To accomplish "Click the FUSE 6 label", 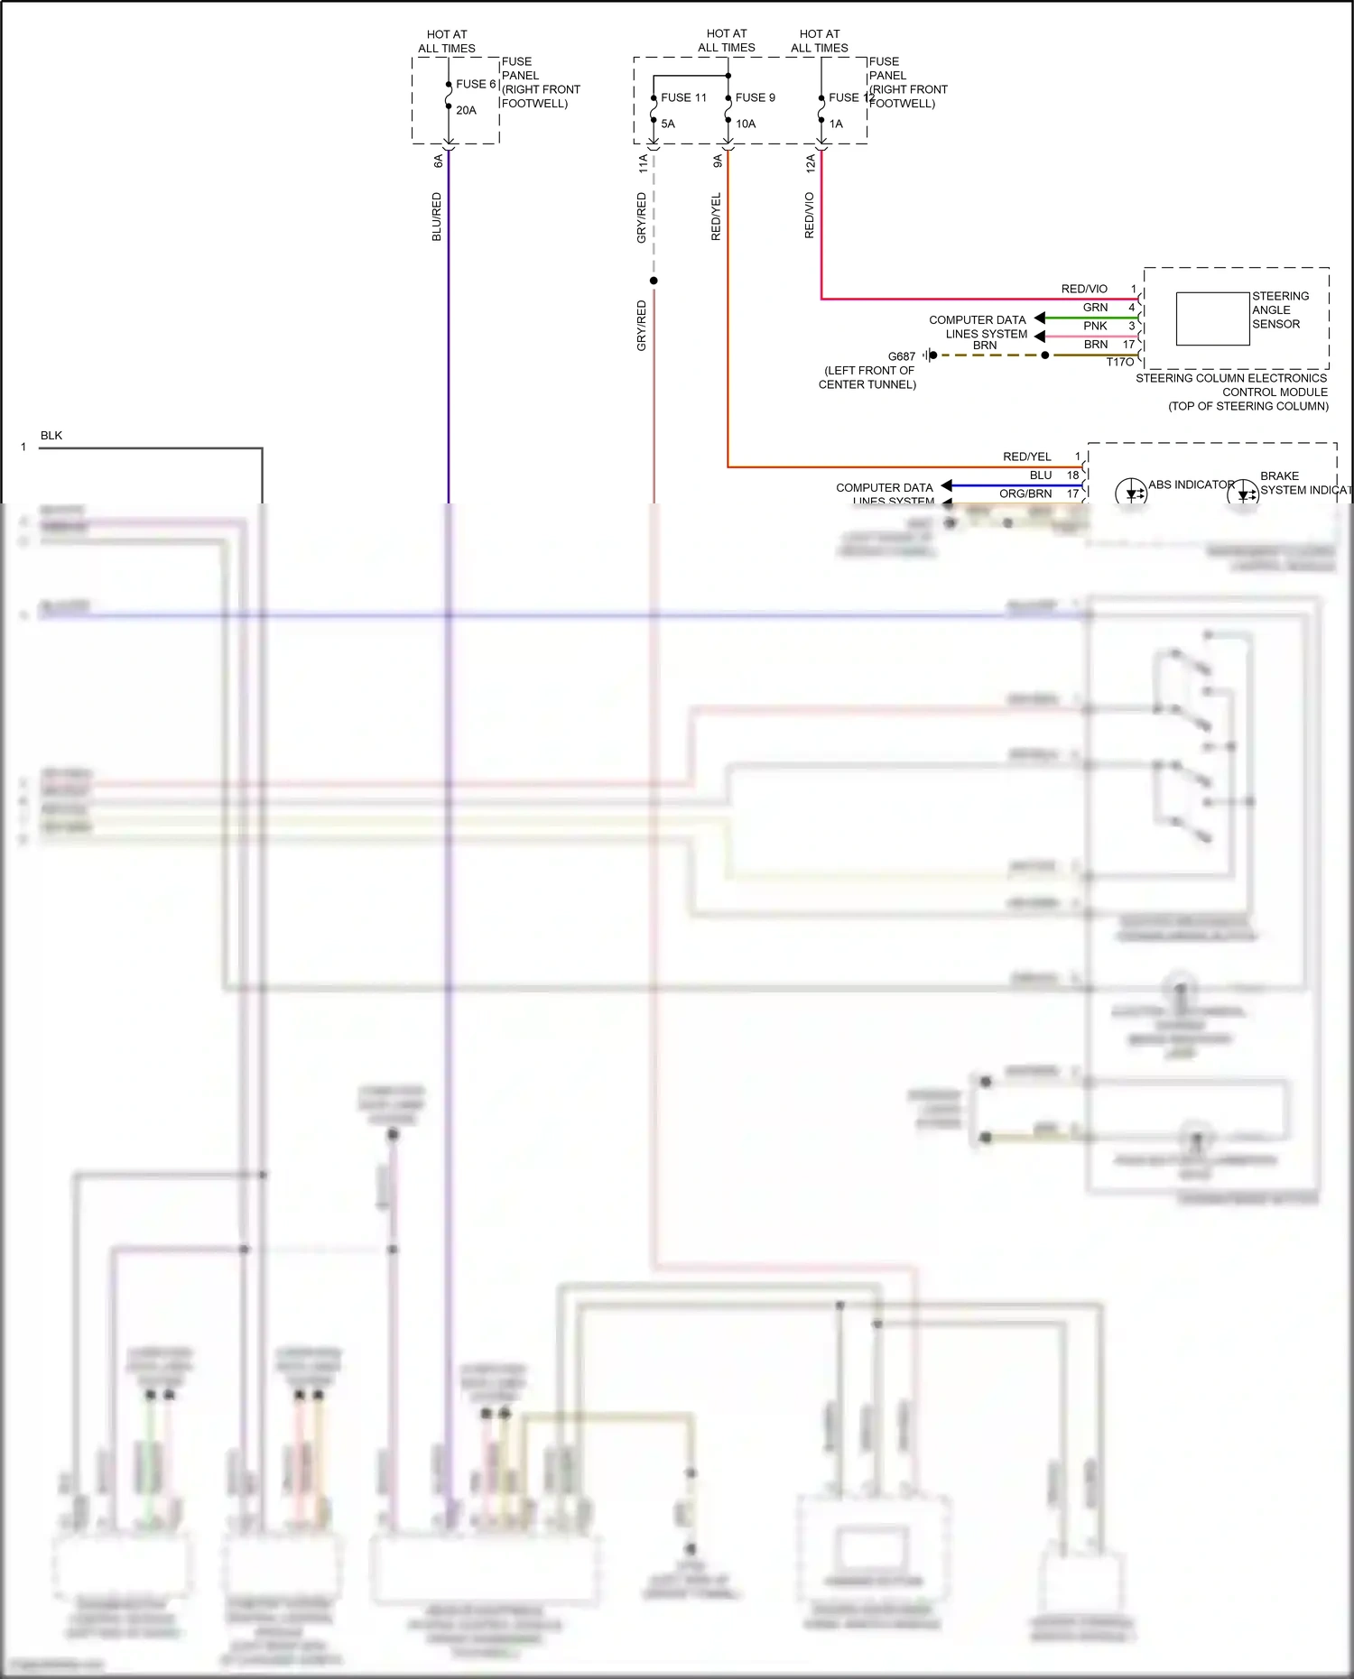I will pos(476,84).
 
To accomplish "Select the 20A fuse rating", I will pos(466,110).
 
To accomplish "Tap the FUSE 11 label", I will pos(683,97).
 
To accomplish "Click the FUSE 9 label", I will pos(755,97).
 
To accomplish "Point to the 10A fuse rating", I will pos(746,124).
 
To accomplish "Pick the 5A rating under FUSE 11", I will pos(668,124).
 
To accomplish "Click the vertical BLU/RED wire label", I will pos(437,217).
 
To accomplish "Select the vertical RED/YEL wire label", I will pos(717,217).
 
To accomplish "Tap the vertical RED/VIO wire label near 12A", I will pos(810,215).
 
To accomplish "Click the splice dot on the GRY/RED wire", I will pos(654,281).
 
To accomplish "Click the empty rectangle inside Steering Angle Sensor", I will pos(1212,318).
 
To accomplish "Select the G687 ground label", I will pos(901,356).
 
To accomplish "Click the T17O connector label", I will pos(1119,362).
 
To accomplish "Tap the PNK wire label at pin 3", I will pos(1095,326).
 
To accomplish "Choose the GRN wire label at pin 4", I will pos(1095,308).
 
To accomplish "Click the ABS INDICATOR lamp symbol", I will pos(1131,493).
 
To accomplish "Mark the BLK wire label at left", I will pos(51,436).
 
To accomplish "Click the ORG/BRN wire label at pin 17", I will pos(1025,494).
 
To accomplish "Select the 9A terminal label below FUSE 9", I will pos(718,161).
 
